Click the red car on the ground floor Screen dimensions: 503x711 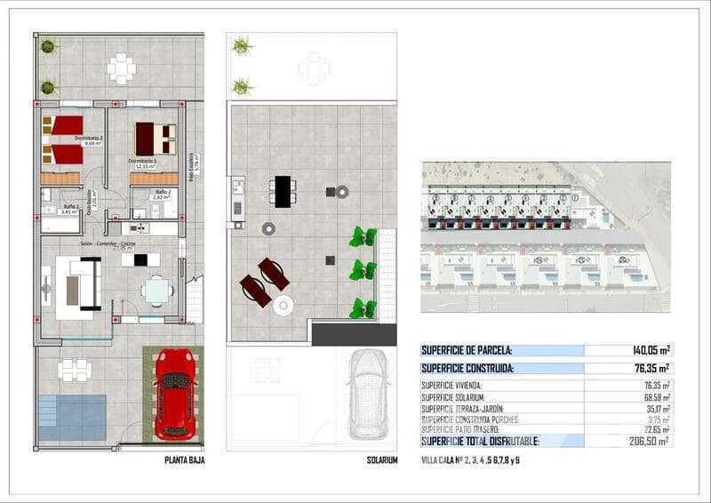pyautogui.click(x=174, y=393)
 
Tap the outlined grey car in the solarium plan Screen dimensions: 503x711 pyautogui.click(x=368, y=393)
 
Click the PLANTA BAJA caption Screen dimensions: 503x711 pyautogui.click(x=185, y=460)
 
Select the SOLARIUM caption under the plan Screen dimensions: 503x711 pyautogui.click(x=382, y=460)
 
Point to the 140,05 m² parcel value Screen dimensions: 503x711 pyautogui.click(x=652, y=351)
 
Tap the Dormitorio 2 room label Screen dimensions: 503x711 pyautogui.click(x=89, y=140)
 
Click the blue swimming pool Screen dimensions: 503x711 pyautogui.click(x=72, y=418)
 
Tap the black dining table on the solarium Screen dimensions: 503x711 pyautogui.click(x=284, y=191)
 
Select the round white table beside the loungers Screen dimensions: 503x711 pyautogui.click(x=284, y=306)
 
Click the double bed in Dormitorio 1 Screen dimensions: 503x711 pyautogui.click(x=156, y=139)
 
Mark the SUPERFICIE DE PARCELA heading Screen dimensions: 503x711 pyautogui.click(x=467, y=351)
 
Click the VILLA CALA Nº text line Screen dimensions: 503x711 pyautogui.click(x=470, y=459)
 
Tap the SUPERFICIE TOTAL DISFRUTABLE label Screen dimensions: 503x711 pyautogui.click(x=480, y=441)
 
